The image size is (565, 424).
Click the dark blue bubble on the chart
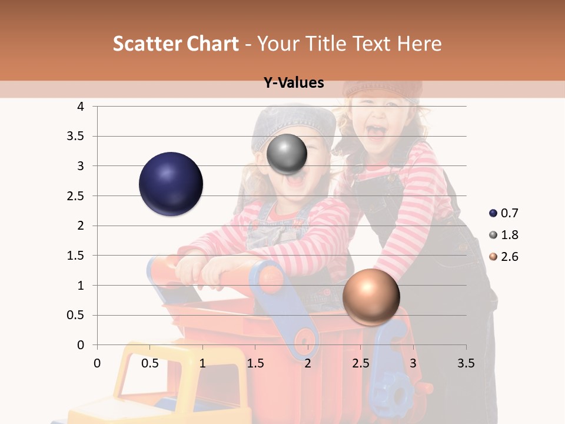pos(171,184)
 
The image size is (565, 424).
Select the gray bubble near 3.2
pos(287,154)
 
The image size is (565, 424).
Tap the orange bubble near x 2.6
pos(371,297)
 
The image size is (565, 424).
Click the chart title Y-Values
pos(294,83)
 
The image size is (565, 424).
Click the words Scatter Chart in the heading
pos(175,44)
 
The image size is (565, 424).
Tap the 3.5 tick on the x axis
pos(466,363)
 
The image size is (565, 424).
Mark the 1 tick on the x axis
pos(202,363)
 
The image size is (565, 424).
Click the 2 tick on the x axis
pos(308,363)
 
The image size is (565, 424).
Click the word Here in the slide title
pos(418,44)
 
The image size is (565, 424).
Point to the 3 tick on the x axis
pos(413,363)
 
